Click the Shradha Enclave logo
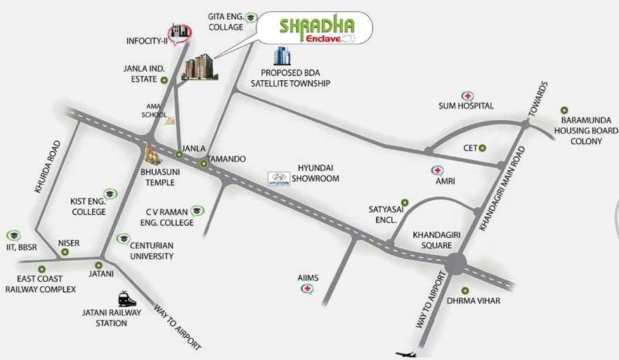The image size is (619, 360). [314, 29]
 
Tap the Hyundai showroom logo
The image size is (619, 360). [278, 179]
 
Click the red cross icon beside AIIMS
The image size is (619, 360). [306, 289]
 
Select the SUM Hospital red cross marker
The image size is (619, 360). [467, 96]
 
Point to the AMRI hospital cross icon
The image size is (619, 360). [437, 170]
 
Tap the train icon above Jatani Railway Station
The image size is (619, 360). [126, 298]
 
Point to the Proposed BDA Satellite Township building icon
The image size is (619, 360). [282, 56]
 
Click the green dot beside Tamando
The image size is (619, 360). [204, 164]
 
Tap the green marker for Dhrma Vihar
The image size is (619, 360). [464, 290]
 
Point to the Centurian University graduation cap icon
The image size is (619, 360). [124, 238]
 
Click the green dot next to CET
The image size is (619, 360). [482, 148]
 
